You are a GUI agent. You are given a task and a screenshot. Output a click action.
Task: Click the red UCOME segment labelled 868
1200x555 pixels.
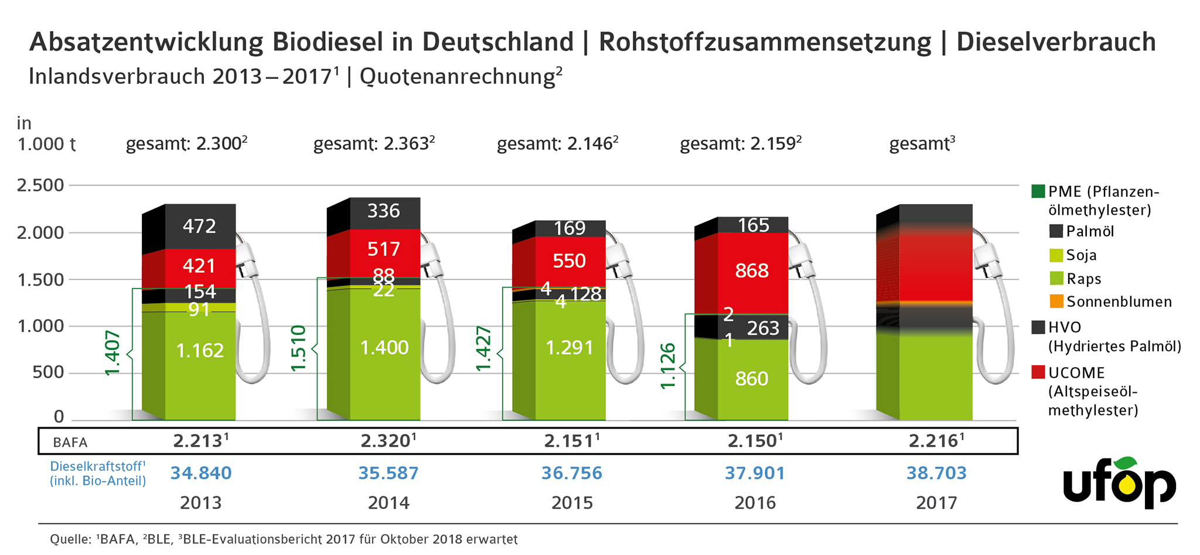pos(752,271)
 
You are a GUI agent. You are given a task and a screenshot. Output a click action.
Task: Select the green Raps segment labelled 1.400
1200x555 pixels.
pos(384,348)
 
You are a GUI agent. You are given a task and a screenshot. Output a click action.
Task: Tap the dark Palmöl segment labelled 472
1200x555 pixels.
pos(200,227)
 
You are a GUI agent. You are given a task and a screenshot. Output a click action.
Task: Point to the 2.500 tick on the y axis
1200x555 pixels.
pos(40,186)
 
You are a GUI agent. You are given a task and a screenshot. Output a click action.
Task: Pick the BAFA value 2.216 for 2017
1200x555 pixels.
pos(933,441)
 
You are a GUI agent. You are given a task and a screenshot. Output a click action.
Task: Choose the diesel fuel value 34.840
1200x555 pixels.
pos(201,473)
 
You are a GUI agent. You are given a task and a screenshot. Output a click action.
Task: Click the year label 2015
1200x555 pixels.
pos(572,503)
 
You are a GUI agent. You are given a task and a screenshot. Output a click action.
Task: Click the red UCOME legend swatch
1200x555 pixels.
pos(1038,372)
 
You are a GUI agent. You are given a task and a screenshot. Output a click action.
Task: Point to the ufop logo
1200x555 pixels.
pos(1119,483)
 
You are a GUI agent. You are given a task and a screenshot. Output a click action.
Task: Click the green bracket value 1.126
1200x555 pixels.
pos(668,366)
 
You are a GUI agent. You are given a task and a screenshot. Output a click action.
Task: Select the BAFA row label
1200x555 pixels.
pos(70,443)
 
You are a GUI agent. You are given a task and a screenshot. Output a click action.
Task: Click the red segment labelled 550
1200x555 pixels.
pos(570,261)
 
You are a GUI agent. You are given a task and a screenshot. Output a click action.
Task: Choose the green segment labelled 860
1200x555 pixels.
pos(752,379)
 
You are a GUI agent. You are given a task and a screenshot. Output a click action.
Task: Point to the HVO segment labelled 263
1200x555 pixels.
pos(763,328)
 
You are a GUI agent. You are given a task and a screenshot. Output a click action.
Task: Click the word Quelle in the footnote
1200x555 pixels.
pos(70,539)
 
